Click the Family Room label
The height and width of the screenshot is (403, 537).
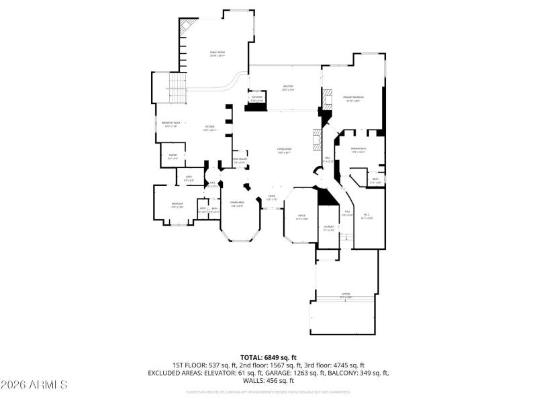click(x=217, y=54)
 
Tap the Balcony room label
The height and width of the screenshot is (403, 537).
click(x=288, y=87)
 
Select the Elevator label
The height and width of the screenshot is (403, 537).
click(x=256, y=99)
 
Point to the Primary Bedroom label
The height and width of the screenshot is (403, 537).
click(x=353, y=99)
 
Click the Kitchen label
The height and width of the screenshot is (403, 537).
click(x=209, y=128)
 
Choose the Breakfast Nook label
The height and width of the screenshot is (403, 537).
click(x=170, y=124)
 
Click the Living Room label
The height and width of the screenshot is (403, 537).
click(x=285, y=151)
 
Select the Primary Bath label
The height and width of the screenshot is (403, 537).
click(x=359, y=150)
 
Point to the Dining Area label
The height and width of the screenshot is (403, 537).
click(x=237, y=204)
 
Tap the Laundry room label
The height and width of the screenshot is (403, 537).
click(x=328, y=228)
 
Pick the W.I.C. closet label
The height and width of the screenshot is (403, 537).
click(x=367, y=217)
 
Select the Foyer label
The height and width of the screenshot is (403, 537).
click(x=271, y=198)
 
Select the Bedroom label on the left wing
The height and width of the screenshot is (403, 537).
click(x=177, y=204)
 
